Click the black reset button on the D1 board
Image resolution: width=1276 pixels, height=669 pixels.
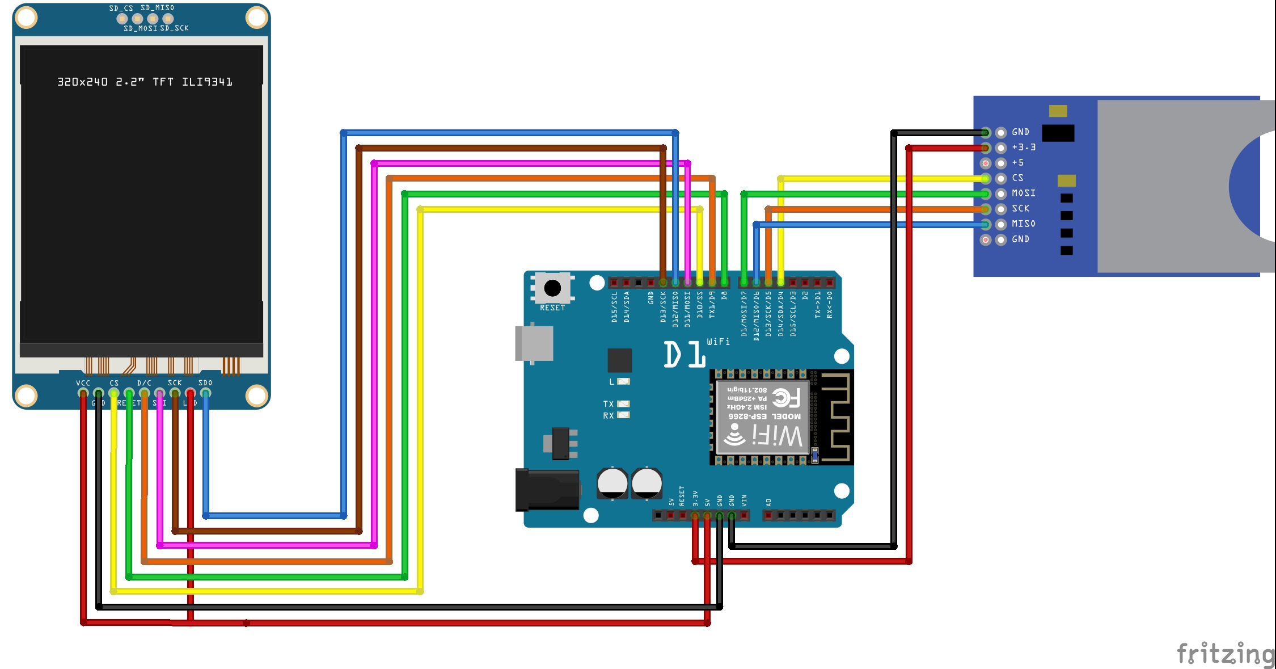click(x=552, y=288)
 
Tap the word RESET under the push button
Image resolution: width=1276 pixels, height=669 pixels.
click(x=552, y=308)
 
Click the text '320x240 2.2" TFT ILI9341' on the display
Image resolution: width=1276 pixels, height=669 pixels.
click(x=145, y=82)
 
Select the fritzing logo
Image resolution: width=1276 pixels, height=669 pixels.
click(x=1225, y=654)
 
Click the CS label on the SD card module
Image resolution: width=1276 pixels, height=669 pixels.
click(x=1018, y=178)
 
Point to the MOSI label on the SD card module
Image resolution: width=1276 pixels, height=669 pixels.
click(x=1024, y=193)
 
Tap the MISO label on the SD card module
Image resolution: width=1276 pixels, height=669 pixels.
click(x=1024, y=224)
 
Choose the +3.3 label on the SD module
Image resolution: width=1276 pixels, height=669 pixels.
click(x=1024, y=147)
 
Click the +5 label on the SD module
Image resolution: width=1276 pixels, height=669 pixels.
click(x=1018, y=162)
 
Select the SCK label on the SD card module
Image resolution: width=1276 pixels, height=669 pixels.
click(x=1021, y=208)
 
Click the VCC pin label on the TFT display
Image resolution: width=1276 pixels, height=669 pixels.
click(x=83, y=383)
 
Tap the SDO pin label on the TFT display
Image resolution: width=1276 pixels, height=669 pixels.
click(x=205, y=383)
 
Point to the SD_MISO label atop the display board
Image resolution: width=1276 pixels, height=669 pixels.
click(x=158, y=8)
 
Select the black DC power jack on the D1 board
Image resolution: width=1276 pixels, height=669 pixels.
click(x=547, y=489)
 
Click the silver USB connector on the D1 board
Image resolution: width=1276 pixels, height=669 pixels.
click(x=534, y=343)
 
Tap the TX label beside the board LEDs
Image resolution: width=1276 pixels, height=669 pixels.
click(x=609, y=404)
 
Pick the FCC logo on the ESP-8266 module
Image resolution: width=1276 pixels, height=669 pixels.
click(x=787, y=398)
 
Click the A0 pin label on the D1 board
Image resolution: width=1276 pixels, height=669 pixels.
click(x=768, y=502)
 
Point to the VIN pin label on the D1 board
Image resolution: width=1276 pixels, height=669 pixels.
click(x=744, y=500)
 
